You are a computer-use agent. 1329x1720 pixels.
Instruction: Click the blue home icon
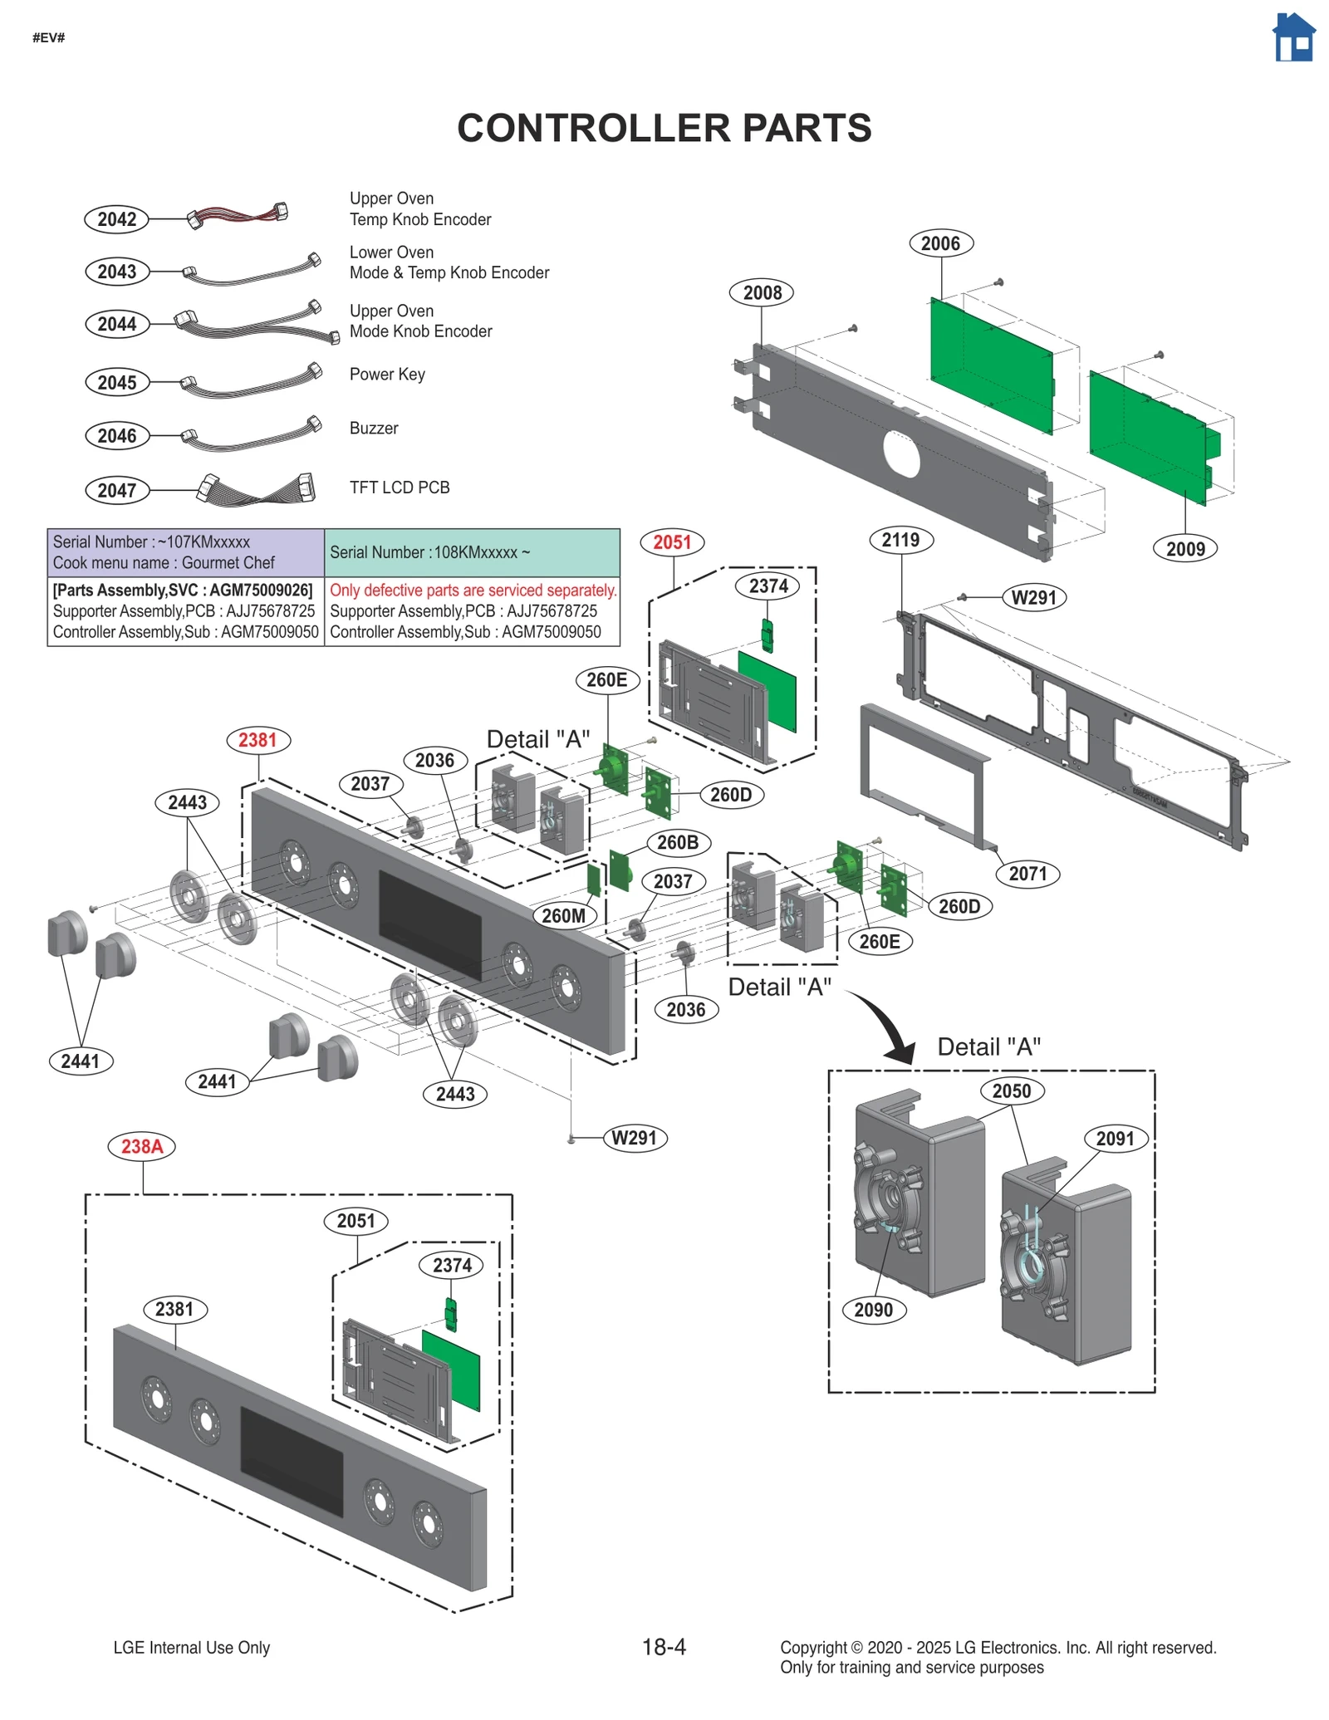pyautogui.click(x=1293, y=38)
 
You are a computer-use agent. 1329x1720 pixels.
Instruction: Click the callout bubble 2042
pyautogui.click(x=117, y=219)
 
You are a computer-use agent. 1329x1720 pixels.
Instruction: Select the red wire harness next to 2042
pyautogui.click(x=237, y=215)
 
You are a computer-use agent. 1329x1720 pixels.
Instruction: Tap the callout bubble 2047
pyautogui.click(x=117, y=490)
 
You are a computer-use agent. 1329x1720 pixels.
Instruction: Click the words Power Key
pyautogui.click(x=387, y=375)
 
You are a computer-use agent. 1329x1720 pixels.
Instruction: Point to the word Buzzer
pyautogui.click(x=374, y=429)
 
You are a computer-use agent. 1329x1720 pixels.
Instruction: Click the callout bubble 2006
pyautogui.click(x=940, y=243)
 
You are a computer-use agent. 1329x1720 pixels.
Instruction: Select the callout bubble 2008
pyautogui.click(x=762, y=292)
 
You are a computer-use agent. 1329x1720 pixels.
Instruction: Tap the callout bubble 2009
pyautogui.click(x=1185, y=549)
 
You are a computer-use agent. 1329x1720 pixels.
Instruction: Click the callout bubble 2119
pyautogui.click(x=901, y=540)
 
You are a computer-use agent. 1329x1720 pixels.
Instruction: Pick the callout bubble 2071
pyautogui.click(x=1027, y=874)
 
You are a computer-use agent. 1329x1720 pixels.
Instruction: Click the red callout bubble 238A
pyautogui.click(x=142, y=1147)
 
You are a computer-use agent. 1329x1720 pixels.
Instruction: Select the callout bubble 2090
pyautogui.click(x=873, y=1311)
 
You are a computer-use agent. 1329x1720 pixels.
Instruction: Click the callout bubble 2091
pyautogui.click(x=1116, y=1139)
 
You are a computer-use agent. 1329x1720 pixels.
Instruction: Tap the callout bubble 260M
pyautogui.click(x=564, y=916)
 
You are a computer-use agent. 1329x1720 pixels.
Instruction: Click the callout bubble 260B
pyautogui.click(x=678, y=842)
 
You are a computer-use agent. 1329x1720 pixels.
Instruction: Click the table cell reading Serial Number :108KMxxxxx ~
pyautogui.click(x=472, y=553)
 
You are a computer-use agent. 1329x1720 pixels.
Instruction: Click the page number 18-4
pyautogui.click(x=664, y=1647)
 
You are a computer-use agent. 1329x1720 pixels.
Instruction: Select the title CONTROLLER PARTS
pyautogui.click(x=664, y=129)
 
